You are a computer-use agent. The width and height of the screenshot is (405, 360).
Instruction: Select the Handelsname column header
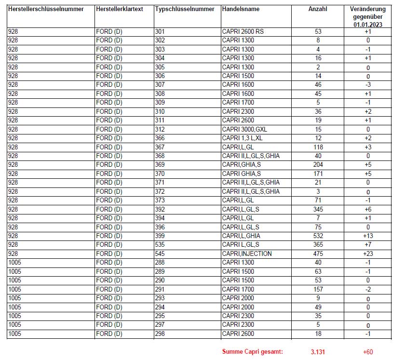click(240, 10)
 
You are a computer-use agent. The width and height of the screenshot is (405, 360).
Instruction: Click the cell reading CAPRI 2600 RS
click(243, 31)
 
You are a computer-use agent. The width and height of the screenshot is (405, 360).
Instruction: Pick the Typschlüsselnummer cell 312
click(160, 129)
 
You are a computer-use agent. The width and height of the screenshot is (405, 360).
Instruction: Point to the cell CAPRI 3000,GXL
click(245, 129)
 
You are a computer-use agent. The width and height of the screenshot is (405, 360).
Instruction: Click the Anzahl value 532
click(318, 236)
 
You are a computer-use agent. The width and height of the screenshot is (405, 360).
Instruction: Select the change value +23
click(368, 253)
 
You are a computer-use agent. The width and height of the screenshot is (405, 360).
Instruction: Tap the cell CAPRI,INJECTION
click(247, 253)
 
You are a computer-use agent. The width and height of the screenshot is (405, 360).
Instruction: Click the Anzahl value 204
click(318, 165)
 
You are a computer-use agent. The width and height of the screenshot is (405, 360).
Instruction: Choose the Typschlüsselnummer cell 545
click(160, 253)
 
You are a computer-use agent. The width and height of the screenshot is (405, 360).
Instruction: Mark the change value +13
click(368, 236)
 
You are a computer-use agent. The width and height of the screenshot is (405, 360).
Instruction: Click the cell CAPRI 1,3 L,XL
click(243, 138)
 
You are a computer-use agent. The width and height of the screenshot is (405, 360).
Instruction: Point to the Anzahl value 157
click(318, 289)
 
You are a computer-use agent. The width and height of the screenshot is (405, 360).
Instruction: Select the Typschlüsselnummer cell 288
click(160, 263)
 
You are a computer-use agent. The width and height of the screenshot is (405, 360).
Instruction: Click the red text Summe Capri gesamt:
click(252, 352)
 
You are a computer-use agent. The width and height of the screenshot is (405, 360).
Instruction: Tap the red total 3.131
click(318, 352)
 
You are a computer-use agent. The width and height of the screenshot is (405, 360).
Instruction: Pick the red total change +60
click(368, 352)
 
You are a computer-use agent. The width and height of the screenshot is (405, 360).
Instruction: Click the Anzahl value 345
click(318, 209)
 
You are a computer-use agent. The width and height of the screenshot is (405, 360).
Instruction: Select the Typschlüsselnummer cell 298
click(160, 333)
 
